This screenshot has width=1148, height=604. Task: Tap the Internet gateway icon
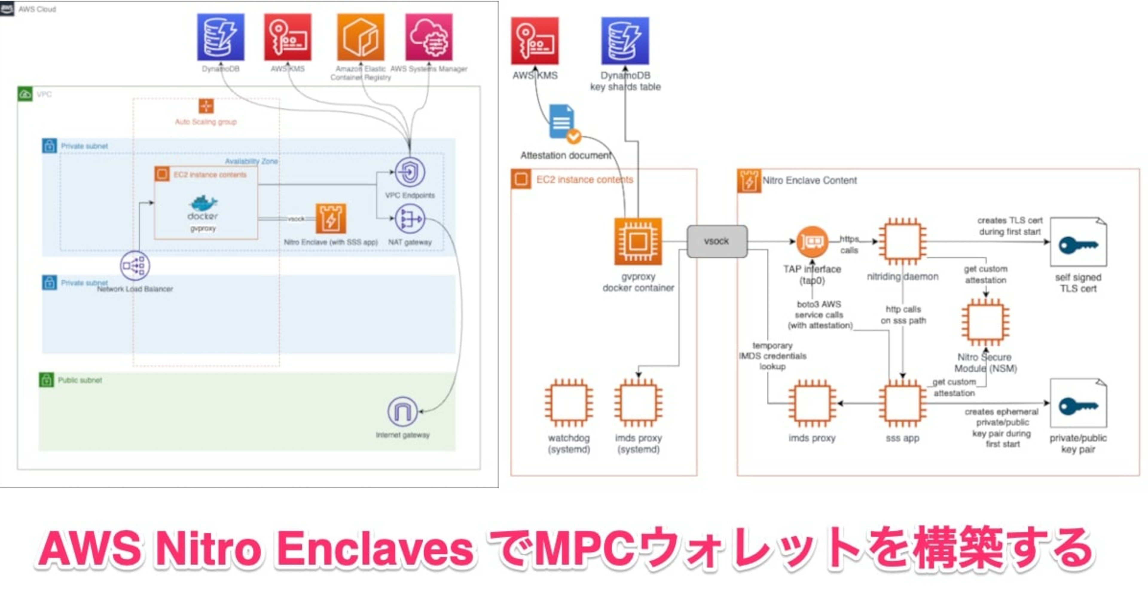(x=402, y=412)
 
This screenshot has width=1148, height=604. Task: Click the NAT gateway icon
(x=410, y=219)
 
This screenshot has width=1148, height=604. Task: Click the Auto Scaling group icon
(x=206, y=106)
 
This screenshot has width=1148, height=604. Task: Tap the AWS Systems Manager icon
(x=429, y=37)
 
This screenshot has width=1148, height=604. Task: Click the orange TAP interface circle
(x=812, y=242)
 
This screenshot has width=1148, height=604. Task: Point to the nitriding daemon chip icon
(x=903, y=241)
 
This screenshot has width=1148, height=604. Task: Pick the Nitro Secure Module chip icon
(x=985, y=322)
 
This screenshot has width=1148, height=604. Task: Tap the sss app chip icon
(x=903, y=403)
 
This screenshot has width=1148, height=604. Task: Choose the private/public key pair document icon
(x=1078, y=404)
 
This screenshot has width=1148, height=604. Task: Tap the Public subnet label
(x=80, y=380)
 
